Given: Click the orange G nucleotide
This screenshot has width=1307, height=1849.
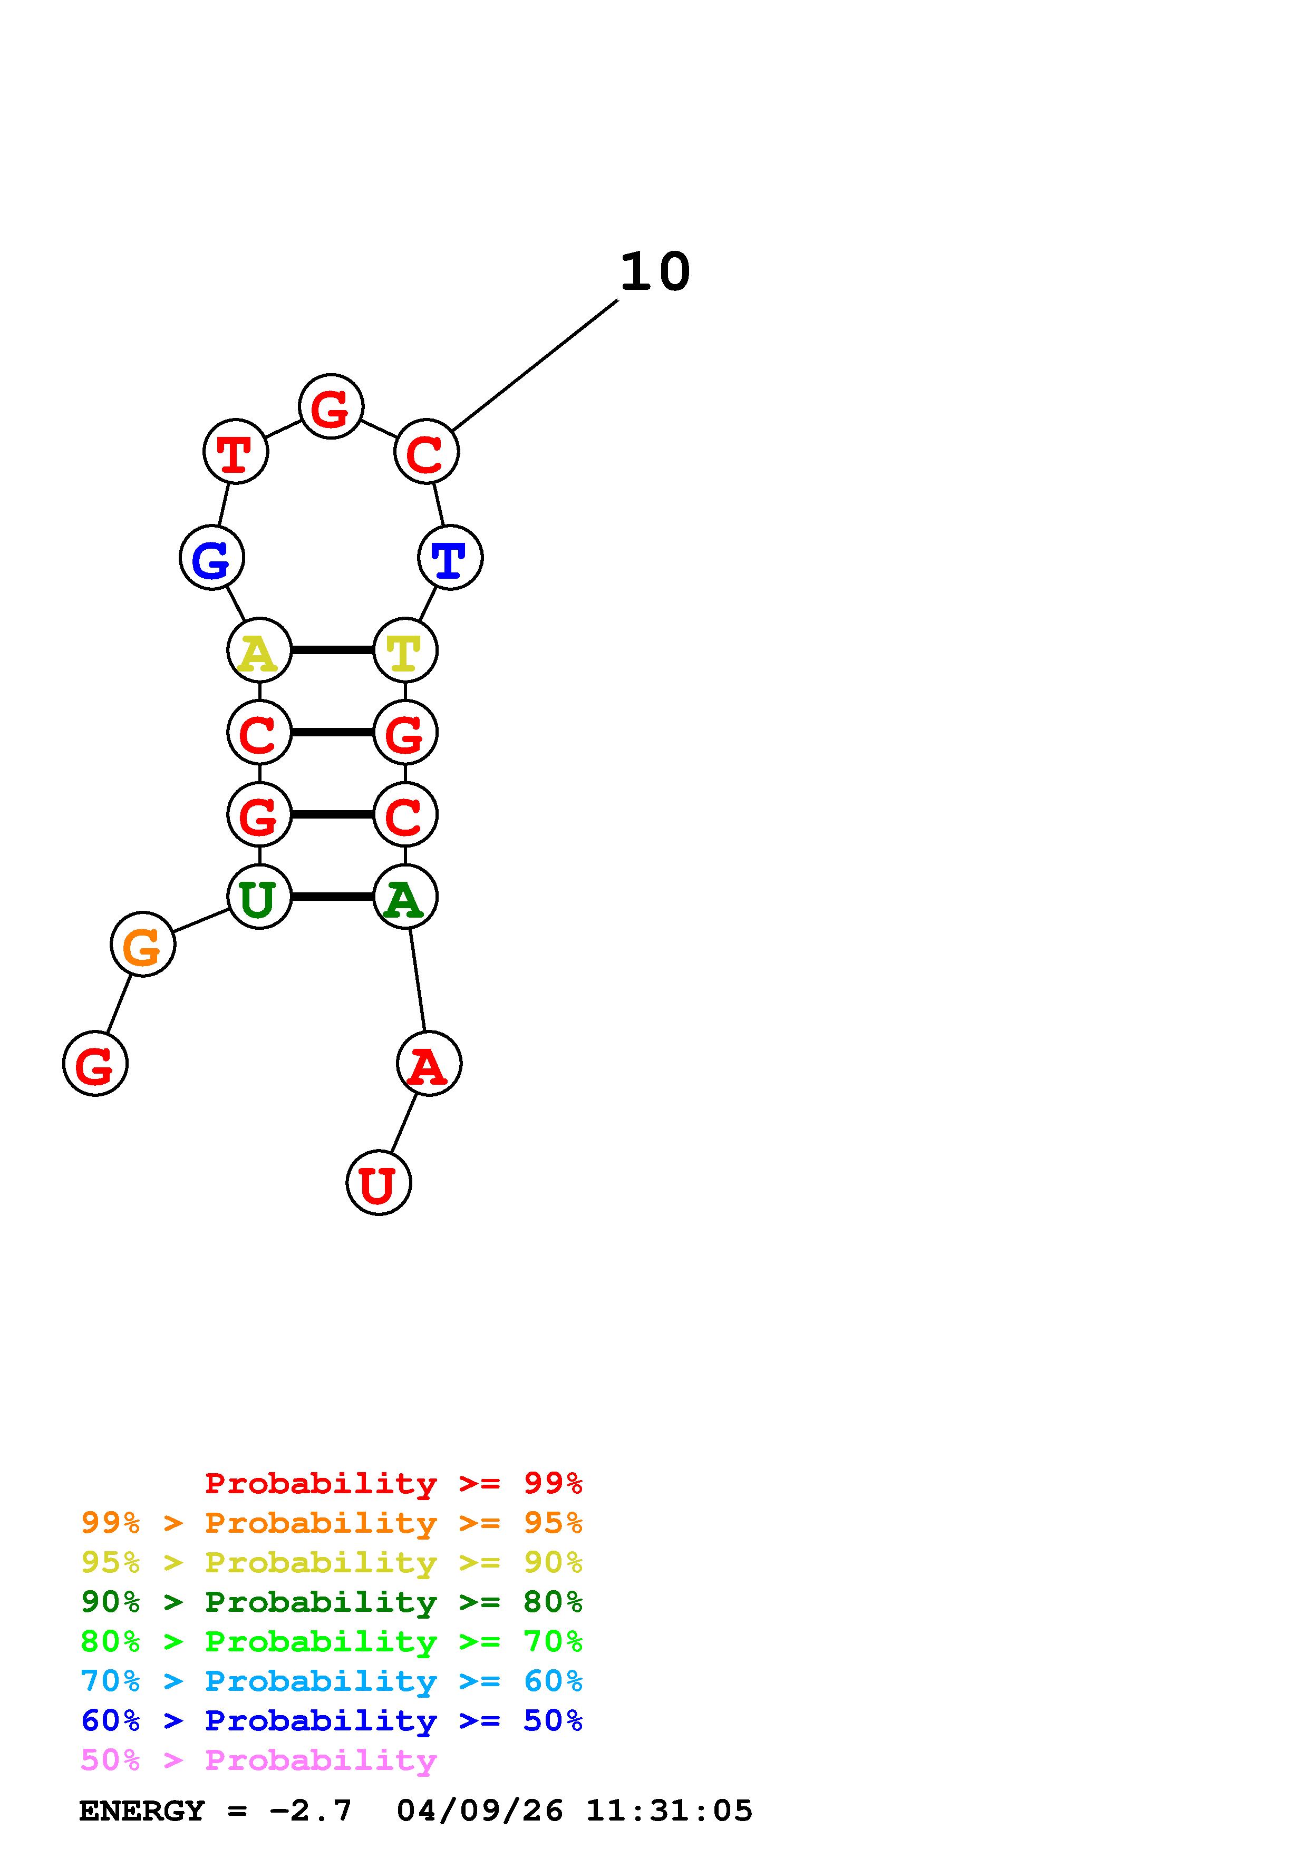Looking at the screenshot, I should (x=142, y=944).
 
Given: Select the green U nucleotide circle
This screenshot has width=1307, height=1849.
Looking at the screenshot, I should (x=259, y=897).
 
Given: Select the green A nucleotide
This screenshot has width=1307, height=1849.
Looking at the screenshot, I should (x=405, y=897).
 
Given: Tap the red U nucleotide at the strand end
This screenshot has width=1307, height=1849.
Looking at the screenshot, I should (x=379, y=1182).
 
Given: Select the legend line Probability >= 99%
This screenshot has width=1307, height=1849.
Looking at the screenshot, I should (x=393, y=1483).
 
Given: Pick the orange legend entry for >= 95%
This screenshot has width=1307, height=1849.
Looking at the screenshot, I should (x=332, y=1523).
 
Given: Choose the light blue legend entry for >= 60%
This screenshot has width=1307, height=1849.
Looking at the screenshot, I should (x=332, y=1681).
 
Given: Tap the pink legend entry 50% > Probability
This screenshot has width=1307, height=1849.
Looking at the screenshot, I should (x=258, y=1759).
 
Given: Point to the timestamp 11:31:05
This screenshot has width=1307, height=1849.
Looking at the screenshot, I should (x=669, y=1811).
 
